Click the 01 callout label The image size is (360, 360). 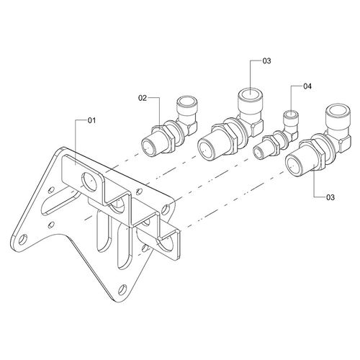point(91,120)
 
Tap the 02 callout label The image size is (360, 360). point(143,98)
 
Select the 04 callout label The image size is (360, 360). point(307,86)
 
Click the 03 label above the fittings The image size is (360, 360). point(266,61)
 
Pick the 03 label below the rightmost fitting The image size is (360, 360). point(330,197)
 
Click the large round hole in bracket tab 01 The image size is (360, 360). point(89,182)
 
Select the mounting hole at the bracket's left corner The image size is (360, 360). point(23,240)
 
